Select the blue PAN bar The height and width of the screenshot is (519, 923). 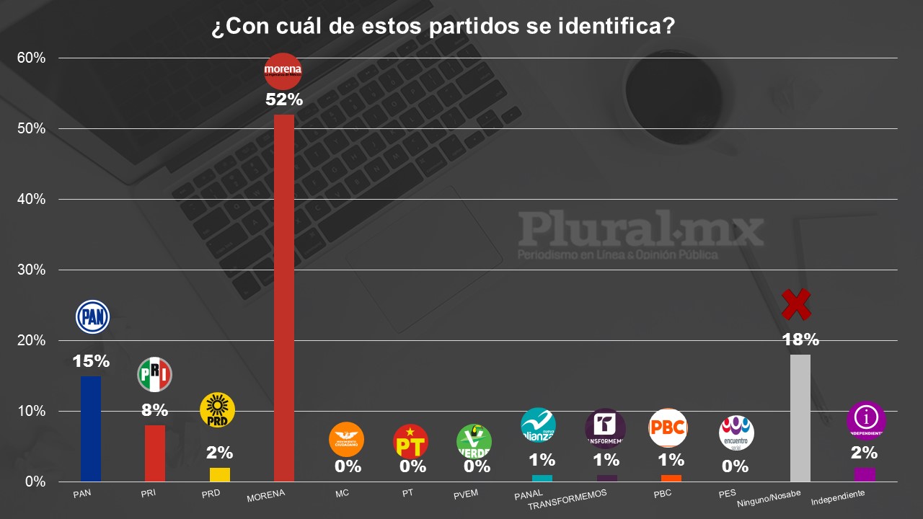[91, 428]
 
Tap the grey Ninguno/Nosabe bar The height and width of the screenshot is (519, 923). [800, 417]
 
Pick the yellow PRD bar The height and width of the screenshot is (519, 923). [220, 474]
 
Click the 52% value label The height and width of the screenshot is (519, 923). [284, 100]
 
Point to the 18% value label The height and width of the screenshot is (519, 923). [801, 340]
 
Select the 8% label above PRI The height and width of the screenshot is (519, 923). [154, 410]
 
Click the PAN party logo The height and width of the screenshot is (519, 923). [92, 316]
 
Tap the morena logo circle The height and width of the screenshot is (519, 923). [283, 71]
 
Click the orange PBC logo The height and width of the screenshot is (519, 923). [668, 428]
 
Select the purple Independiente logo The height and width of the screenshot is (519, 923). [865, 420]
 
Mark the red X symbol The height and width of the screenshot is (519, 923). [796, 305]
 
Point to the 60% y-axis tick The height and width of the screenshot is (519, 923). [31, 58]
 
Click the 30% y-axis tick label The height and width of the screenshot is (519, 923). [31, 270]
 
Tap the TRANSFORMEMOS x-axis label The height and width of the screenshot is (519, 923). [568, 499]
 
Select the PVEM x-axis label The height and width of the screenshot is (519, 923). [466, 494]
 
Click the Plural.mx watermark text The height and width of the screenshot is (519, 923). [640, 230]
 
